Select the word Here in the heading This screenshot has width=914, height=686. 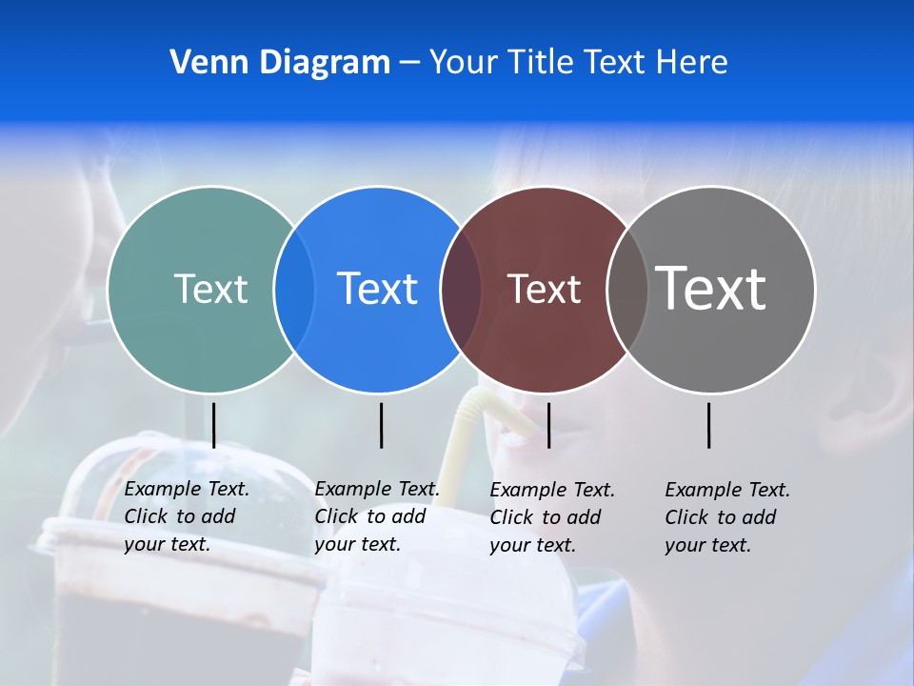(x=691, y=63)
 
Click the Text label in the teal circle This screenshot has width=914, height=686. (x=210, y=289)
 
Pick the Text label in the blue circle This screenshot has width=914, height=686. (x=378, y=289)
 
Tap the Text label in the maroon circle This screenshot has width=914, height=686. (x=544, y=289)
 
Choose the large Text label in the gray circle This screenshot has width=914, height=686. (x=710, y=288)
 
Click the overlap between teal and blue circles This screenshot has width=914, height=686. (x=294, y=290)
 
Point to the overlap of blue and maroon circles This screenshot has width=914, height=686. (x=461, y=290)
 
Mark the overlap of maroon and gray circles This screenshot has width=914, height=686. (x=626, y=290)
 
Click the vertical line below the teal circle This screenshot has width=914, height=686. (x=214, y=425)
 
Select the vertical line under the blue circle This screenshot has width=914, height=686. (x=381, y=425)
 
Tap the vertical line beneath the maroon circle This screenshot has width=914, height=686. (x=548, y=425)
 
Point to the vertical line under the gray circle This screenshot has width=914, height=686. (x=709, y=425)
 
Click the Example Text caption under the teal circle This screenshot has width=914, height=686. (x=187, y=516)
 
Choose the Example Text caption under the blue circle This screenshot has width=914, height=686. (x=377, y=516)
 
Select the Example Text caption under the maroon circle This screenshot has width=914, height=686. (x=552, y=517)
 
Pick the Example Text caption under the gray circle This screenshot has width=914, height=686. (x=727, y=517)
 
